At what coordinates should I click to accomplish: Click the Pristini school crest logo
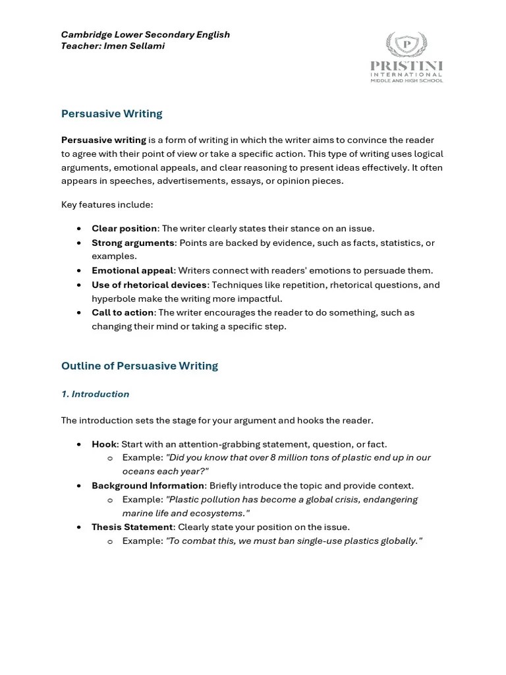point(407,44)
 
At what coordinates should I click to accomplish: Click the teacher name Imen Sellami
point(134,47)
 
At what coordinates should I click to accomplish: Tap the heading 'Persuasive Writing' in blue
point(111,113)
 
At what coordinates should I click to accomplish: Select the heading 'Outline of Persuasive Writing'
point(139,366)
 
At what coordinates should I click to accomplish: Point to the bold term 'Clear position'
point(124,229)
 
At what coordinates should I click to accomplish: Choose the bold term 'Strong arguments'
point(133,243)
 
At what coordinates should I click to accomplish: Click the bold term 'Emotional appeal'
point(132,271)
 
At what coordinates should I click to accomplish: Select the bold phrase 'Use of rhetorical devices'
point(150,285)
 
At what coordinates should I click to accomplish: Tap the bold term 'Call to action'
point(123,312)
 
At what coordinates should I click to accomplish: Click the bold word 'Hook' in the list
point(103,444)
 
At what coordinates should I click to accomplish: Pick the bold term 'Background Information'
point(148,486)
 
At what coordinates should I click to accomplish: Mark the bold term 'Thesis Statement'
point(132,527)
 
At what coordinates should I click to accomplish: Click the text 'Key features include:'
point(107,204)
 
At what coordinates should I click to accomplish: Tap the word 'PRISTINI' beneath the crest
point(407,66)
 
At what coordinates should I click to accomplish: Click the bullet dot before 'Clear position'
point(79,229)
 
